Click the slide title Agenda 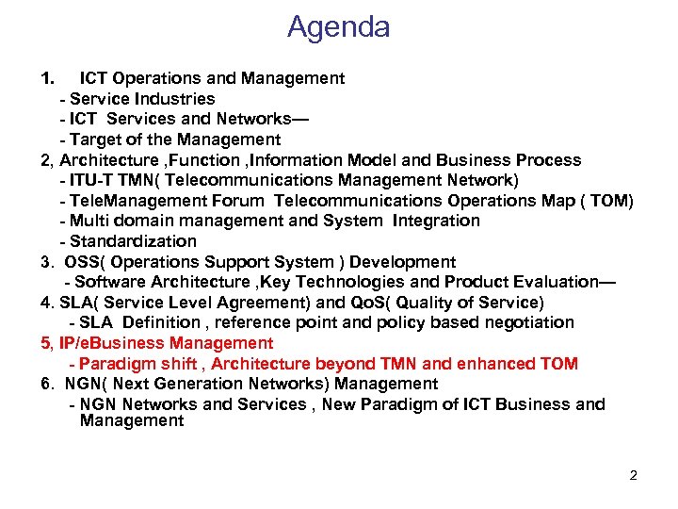tap(339, 27)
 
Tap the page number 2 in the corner tap(633, 475)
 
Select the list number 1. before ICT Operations tap(48, 78)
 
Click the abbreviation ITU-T tap(91, 180)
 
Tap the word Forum tap(242, 201)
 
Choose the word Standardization tap(133, 241)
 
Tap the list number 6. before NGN tap(47, 384)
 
